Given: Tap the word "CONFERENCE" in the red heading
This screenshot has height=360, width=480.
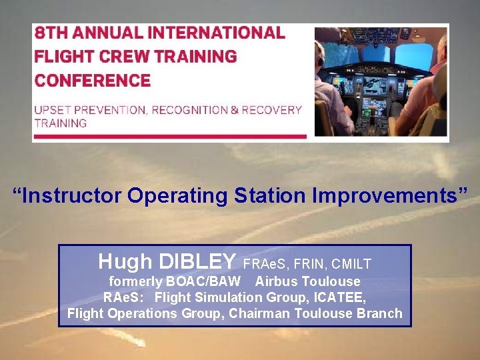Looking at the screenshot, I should (x=93, y=81).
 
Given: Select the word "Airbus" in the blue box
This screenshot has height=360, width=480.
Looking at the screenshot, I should (x=277, y=281).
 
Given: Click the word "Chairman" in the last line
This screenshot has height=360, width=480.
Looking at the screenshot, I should (x=257, y=313).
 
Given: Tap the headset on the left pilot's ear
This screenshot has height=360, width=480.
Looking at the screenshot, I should (x=321, y=62).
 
